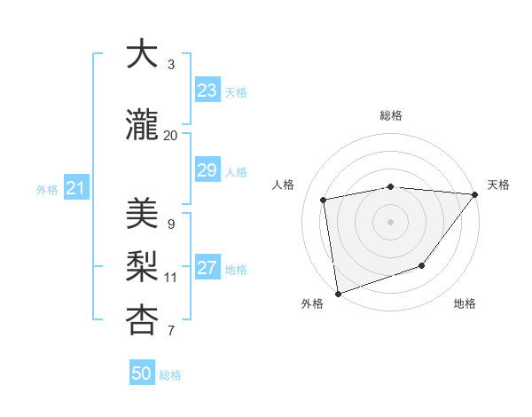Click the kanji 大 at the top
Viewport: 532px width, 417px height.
(x=141, y=54)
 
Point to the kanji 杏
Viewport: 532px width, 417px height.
(x=141, y=320)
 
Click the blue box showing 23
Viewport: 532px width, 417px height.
(x=207, y=90)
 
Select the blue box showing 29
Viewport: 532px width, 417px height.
(x=207, y=171)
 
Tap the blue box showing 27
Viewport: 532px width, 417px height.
(x=207, y=269)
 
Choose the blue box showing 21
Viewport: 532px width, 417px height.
(x=75, y=188)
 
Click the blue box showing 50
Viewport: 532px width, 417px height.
(x=142, y=374)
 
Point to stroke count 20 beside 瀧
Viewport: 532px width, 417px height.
(x=170, y=136)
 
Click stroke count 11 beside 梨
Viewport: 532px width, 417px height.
(x=170, y=278)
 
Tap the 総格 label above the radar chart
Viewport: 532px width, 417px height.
(x=391, y=115)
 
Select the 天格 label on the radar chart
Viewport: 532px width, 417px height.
(x=498, y=185)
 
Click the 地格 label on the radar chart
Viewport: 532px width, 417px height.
(x=465, y=304)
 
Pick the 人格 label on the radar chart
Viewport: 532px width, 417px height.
(x=284, y=185)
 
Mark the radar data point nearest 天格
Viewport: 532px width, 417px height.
(x=475, y=194)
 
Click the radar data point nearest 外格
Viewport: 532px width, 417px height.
(x=338, y=293)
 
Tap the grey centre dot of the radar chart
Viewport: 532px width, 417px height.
(x=390, y=221)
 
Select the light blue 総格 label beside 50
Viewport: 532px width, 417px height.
(x=170, y=375)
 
